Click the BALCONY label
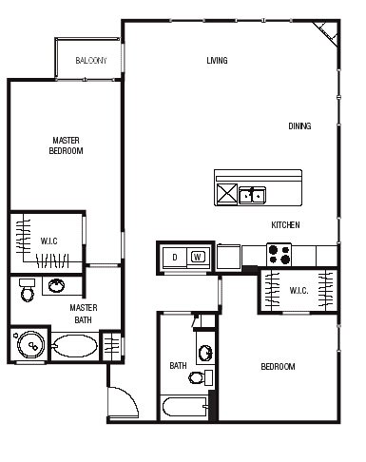91,60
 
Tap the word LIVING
217,60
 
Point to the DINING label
299,126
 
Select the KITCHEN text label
285,225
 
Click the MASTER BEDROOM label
66,145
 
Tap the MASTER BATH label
84,314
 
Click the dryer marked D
175,258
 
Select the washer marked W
198,257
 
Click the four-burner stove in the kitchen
279,255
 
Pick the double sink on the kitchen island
252,195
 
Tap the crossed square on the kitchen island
227,194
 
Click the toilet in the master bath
28,290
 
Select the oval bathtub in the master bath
74,346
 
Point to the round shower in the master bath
31,345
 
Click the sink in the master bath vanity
57,285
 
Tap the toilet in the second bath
201,377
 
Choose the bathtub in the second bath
185,408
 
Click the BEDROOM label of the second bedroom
278,367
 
